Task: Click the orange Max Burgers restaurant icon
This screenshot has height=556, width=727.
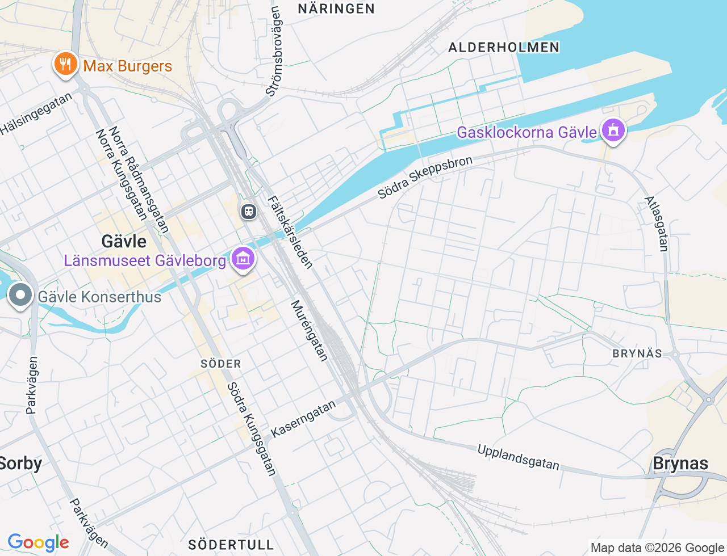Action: point(66,64)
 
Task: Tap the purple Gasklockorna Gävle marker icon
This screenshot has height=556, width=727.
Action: point(612,130)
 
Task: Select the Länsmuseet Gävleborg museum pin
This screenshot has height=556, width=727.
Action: point(243,259)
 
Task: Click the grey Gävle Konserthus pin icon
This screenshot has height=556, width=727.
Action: point(21,295)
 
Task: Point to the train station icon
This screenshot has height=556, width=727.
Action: point(248,212)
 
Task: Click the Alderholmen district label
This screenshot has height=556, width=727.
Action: point(504,47)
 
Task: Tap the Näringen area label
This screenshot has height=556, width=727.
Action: point(336,9)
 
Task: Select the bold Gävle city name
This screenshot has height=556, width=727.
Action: point(124,241)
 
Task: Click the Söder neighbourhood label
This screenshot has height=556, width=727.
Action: point(221,364)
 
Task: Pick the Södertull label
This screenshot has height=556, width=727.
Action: point(231,545)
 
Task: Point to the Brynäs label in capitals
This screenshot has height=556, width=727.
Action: point(637,353)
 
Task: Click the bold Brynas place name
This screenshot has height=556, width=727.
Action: point(680,464)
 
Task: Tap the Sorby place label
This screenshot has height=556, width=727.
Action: point(20,464)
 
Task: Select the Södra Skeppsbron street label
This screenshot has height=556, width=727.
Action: point(425,176)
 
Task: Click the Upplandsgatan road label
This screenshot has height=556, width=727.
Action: point(518,457)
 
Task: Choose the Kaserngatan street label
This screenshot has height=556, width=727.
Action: point(303,419)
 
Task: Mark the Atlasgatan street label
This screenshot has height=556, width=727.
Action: point(657,224)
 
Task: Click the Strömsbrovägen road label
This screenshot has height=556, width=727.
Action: point(274,51)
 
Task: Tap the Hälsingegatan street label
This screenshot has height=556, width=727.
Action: point(37,113)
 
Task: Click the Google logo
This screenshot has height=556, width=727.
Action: point(38,542)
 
